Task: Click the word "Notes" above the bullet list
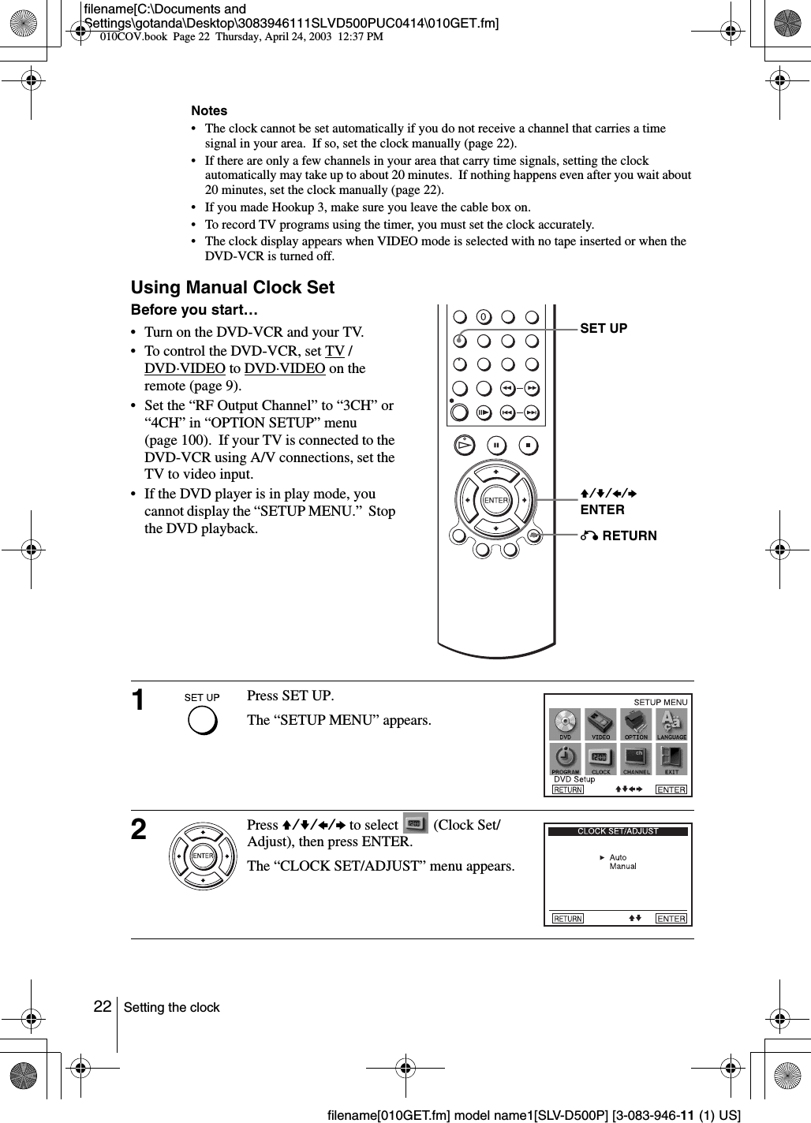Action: coord(209,111)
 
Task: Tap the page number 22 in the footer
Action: coord(102,1006)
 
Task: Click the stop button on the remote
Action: coord(528,445)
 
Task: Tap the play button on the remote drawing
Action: coord(465,445)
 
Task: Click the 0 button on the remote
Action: coord(484,317)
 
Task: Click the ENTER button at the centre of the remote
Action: coord(495,500)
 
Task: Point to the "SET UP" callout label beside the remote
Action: coord(604,328)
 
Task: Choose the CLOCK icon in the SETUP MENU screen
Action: coord(601,759)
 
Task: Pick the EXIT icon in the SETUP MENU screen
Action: coord(671,759)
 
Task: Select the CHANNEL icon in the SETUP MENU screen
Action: coord(636,759)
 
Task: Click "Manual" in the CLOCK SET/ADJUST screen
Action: coord(623,866)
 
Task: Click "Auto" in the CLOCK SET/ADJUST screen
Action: coord(619,857)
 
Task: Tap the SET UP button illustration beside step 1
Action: coord(202,721)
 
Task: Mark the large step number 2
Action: coord(139,830)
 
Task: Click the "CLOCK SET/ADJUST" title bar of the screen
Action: coord(619,830)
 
